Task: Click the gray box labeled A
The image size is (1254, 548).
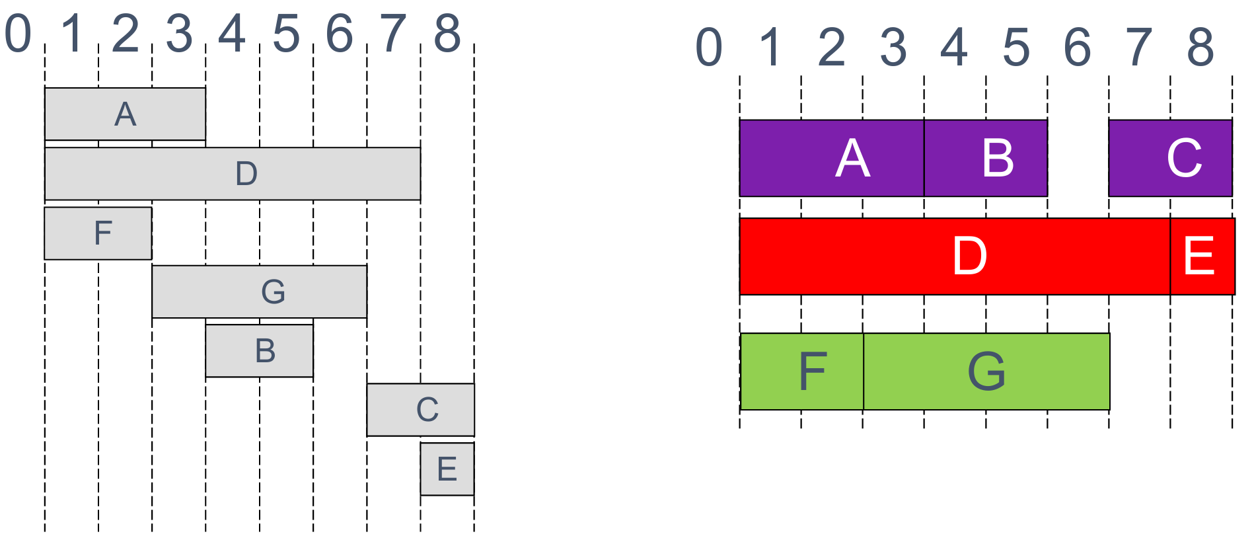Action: point(125,114)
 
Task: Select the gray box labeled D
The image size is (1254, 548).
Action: point(233,173)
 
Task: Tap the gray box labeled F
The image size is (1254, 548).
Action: point(98,233)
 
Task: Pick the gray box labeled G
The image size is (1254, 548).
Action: point(259,292)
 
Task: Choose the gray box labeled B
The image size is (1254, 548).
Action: point(259,350)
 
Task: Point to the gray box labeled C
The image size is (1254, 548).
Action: point(420,409)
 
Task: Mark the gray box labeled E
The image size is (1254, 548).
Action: point(447,469)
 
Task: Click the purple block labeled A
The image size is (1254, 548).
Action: point(831,158)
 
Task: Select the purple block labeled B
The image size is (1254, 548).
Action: point(985,158)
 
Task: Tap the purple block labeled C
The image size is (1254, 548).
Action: point(1170,158)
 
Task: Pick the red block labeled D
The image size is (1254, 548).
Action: point(955,256)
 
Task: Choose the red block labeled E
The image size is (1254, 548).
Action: point(1202,256)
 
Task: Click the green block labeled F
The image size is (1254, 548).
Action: point(801,371)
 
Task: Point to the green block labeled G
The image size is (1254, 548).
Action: point(986,371)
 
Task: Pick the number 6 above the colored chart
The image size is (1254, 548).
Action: point(1077,48)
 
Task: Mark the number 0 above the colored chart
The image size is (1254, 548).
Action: point(709,48)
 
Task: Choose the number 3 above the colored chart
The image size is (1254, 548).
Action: point(893,48)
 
